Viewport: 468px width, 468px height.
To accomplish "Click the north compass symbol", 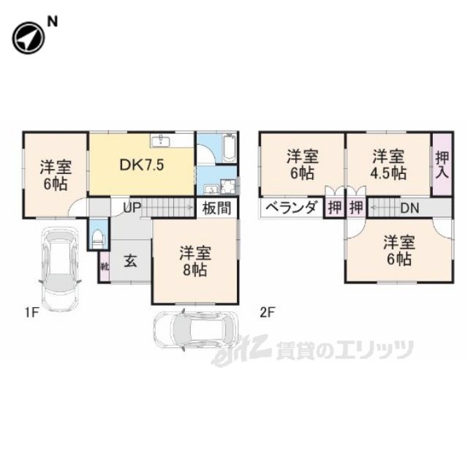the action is tap(28, 38).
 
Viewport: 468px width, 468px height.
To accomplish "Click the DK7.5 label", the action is tap(142, 165).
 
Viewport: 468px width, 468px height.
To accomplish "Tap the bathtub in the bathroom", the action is tap(229, 148).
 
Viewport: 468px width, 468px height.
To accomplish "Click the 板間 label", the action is tap(216, 208).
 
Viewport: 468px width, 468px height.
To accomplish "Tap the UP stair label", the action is tap(132, 207).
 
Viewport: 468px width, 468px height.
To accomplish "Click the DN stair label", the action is tap(409, 208).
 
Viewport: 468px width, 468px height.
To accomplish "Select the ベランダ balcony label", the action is tap(290, 207).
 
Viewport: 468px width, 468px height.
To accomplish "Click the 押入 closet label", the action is tap(442, 165).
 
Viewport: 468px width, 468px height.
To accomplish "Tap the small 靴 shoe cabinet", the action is tap(105, 266).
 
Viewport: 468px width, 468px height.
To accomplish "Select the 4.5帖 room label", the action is tap(388, 173).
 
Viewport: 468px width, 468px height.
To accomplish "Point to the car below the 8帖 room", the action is tap(195, 330).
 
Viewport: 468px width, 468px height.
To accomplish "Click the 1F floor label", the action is tap(31, 312).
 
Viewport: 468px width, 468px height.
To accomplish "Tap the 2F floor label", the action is tap(266, 312).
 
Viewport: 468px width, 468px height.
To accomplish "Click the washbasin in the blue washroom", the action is tap(211, 189).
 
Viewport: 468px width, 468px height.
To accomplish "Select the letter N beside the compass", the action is tap(53, 22).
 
